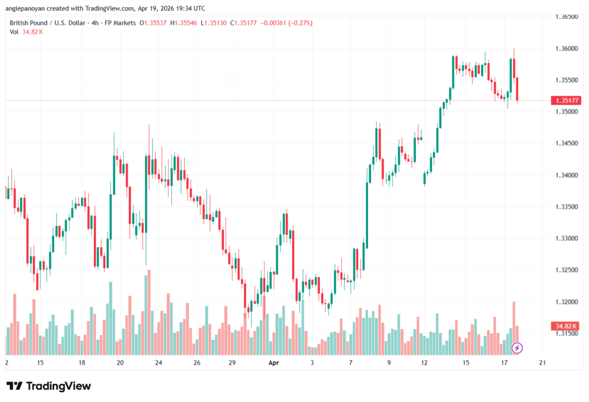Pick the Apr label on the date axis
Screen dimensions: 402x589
tap(274, 363)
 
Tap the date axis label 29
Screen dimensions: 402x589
tap(232, 363)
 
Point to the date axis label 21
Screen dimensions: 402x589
tap(541, 363)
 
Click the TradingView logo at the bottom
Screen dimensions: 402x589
tap(48, 386)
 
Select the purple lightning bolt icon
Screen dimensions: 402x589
tap(517, 347)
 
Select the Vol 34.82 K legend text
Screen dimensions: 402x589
tap(26, 32)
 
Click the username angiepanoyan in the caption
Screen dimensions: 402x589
tap(26, 9)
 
